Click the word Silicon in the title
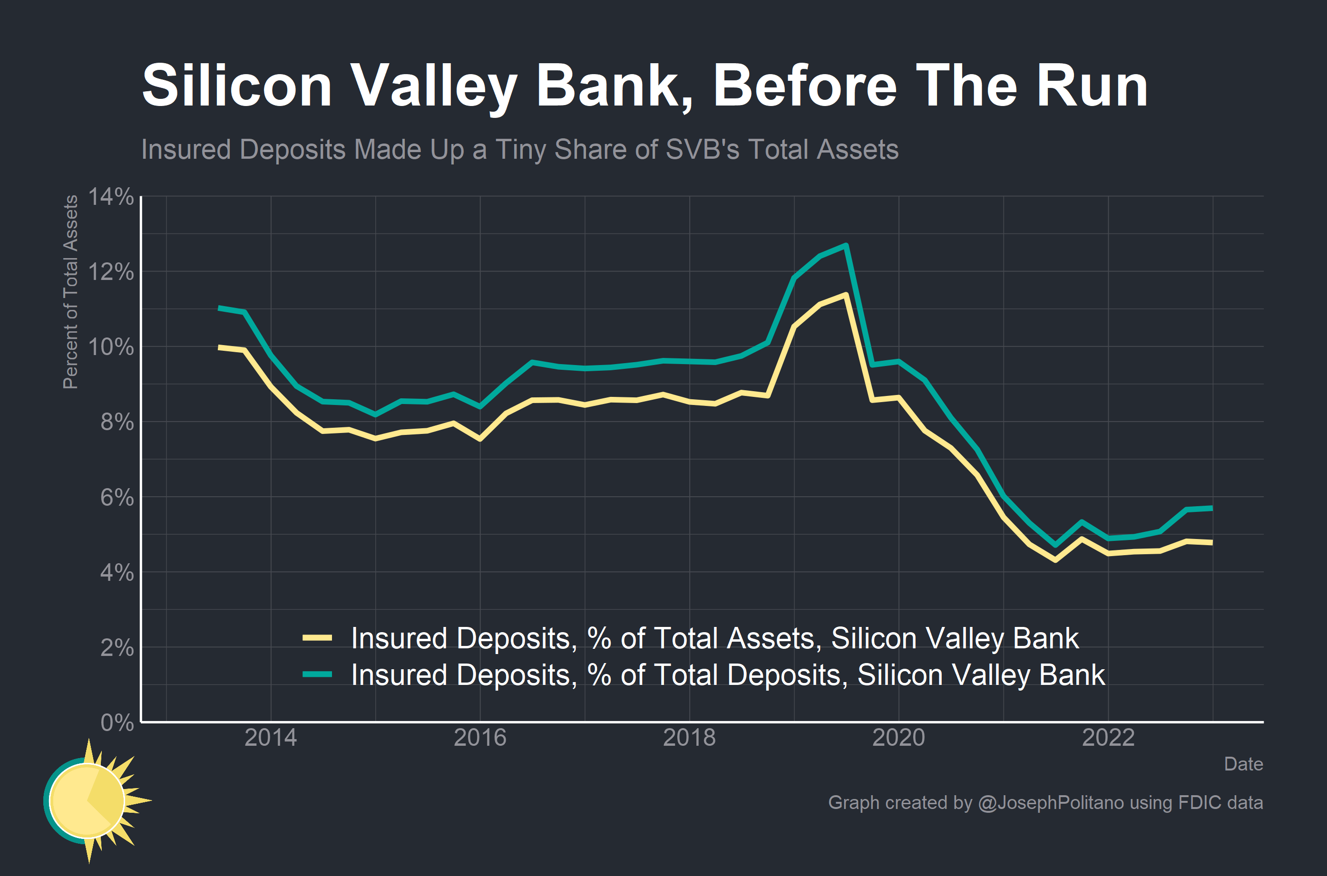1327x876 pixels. [237, 86]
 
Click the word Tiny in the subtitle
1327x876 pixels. [520, 150]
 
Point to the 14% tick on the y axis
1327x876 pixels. [111, 197]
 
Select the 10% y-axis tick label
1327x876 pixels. [111, 347]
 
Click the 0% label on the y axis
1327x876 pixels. [117, 722]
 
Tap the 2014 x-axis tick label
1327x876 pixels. [271, 738]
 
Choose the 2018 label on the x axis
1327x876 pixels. [689, 738]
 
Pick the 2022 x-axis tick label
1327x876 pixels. [1108, 738]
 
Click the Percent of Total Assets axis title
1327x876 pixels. [70, 292]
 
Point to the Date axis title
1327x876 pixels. [1243, 764]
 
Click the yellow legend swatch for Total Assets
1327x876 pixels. [317, 637]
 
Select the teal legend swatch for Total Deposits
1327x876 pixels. [317, 674]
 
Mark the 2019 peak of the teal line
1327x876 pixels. [846, 245]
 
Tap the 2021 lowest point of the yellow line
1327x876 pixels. [1055, 559]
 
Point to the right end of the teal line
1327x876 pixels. [1211, 508]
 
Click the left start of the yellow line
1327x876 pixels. [219, 347]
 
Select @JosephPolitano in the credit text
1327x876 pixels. [1050, 802]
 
